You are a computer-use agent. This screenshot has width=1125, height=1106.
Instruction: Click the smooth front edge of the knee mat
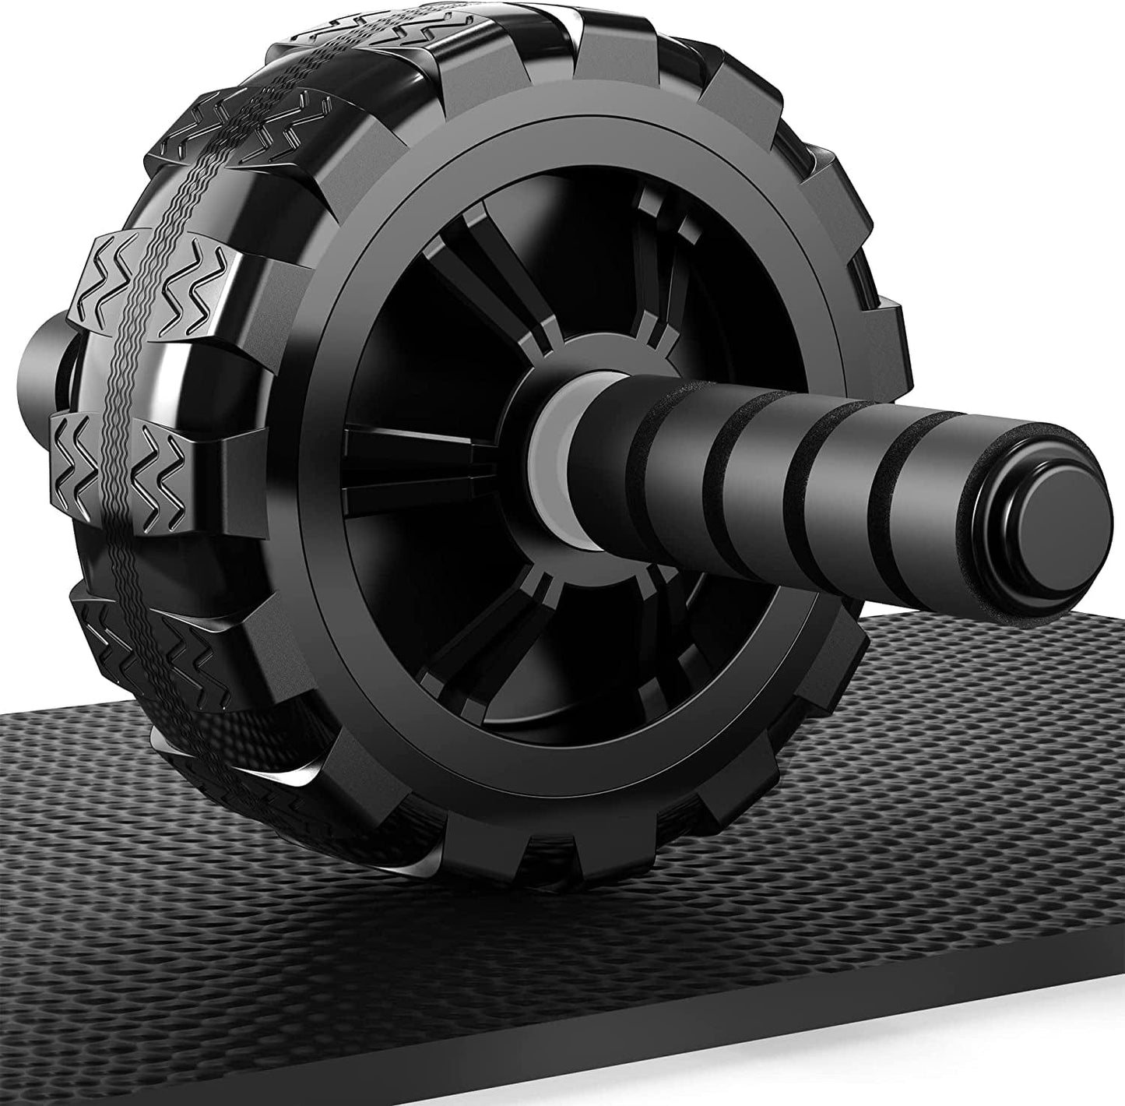545,1083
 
